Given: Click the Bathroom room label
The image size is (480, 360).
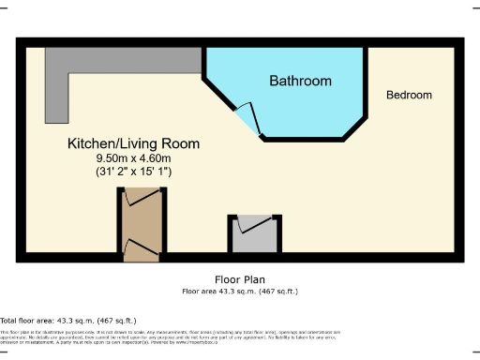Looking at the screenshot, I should [300, 82].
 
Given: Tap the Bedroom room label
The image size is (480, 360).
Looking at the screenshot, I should [410, 96].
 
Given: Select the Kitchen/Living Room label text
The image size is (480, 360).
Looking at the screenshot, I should [133, 144].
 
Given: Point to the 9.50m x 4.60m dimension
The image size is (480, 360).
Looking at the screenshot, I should [132, 158].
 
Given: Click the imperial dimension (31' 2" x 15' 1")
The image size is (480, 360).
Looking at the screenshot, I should [132, 172].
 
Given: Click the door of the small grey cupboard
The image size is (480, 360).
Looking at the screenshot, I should [251, 224].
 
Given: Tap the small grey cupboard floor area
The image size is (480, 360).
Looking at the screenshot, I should [251, 238].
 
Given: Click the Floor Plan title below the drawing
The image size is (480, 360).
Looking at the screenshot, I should [240, 279].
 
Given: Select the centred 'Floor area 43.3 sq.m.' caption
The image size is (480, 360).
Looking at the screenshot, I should [240, 292].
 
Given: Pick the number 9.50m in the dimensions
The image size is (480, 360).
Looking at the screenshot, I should [100, 158].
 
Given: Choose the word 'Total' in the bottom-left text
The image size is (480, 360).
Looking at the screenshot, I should [9, 321].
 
